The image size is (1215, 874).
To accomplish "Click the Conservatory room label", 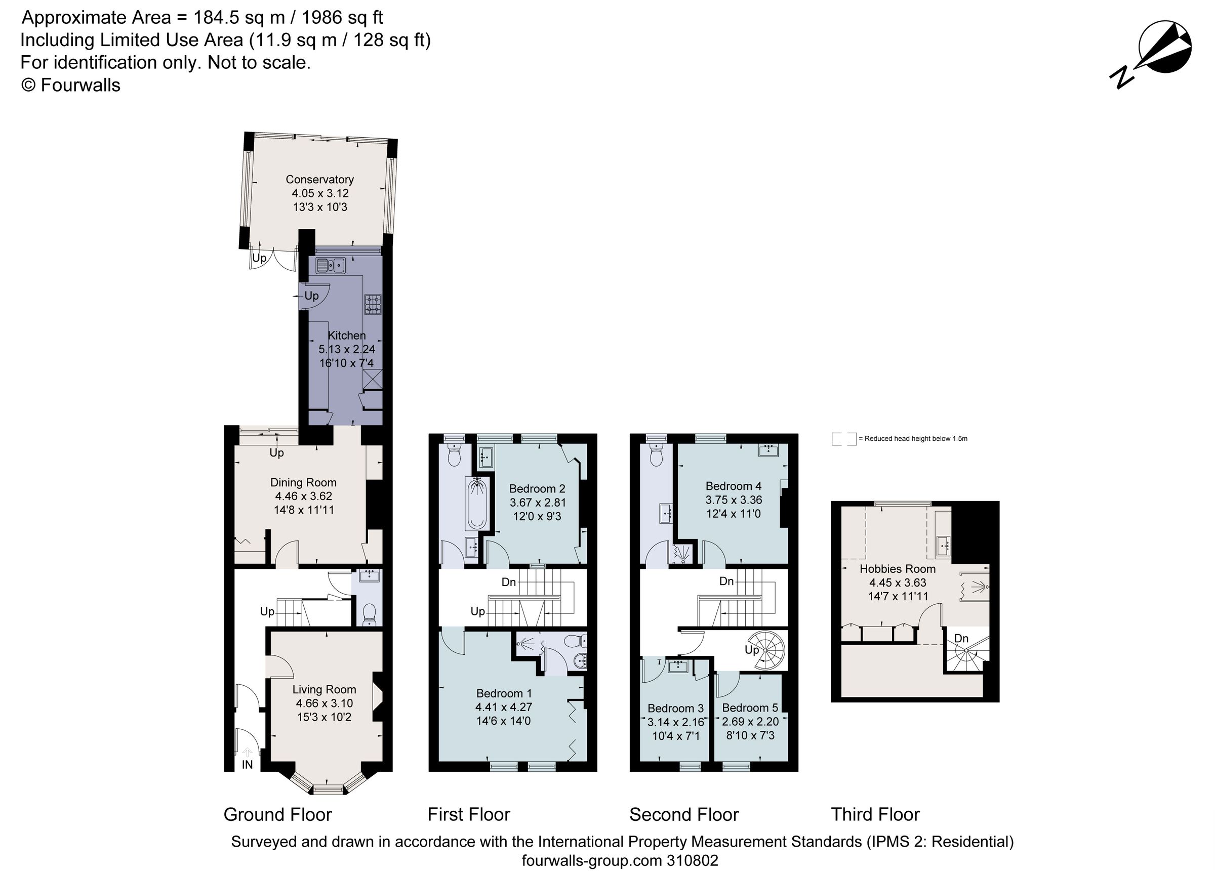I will click(319, 180).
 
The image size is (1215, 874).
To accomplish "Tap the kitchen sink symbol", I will click(331, 265).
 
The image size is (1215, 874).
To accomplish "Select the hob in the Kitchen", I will click(373, 304).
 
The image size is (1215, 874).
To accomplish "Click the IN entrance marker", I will click(247, 765).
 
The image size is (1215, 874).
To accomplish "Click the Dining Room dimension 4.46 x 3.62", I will click(303, 496).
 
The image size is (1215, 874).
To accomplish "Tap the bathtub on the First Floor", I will click(477, 504).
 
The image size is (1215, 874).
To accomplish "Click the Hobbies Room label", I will click(897, 569).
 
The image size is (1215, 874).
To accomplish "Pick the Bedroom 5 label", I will click(749, 708).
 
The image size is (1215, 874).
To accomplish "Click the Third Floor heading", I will click(875, 815).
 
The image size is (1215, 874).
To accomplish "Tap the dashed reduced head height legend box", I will click(844, 439).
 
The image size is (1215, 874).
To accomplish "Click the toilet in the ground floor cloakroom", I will click(369, 614).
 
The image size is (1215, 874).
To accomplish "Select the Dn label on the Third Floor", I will click(961, 638).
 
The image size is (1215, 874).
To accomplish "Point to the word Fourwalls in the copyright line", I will click(80, 85).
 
